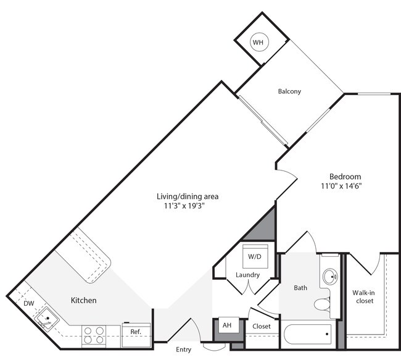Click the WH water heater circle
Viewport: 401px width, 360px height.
pos(258,42)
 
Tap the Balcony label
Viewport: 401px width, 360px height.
pos(289,91)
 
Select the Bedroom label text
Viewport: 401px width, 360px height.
pos(345,176)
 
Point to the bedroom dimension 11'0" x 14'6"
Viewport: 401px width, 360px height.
pos(341,186)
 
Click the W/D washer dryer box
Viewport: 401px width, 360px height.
pos(254,256)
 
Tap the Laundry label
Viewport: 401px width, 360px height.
pos(247,275)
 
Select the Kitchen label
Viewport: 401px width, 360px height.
pos(83,301)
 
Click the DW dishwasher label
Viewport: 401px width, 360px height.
pos(29,304)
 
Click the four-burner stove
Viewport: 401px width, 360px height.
pos(93,335)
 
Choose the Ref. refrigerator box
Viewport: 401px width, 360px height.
pos(136,332)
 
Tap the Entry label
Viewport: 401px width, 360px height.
pos(184,350)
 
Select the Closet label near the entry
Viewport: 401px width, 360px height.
pos(262,327)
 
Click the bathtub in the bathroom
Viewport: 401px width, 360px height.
pos(307,337)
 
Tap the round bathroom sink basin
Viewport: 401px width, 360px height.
pos(330,275)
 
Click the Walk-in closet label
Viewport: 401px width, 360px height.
pos(364,297)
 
